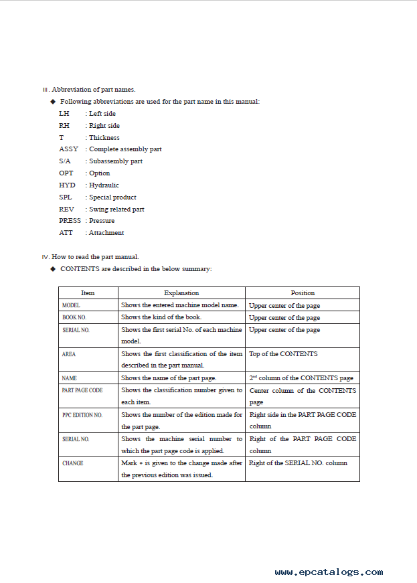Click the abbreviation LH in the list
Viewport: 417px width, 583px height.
tap(64, 114)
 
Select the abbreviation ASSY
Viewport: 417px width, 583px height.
tap(68, 149)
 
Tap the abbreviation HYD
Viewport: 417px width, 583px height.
tap(67, 185)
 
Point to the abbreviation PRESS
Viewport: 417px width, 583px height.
tap(70, 221)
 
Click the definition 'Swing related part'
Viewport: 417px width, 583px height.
tap(116, 210)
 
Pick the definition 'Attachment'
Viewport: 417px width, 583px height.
tap(106, 233)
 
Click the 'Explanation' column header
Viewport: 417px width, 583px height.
tap(181, 293)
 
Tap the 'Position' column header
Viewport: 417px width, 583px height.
tap(303, 293)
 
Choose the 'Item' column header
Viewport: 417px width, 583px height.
tap(88, 293)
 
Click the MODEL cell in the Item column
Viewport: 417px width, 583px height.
tap(71, 305)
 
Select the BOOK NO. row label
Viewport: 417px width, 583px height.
tap(74, 317)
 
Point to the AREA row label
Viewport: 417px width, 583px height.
tap(69, 354)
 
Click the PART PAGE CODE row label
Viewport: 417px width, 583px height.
tap(82, 390)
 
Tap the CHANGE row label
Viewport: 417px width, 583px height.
tap(73, 463)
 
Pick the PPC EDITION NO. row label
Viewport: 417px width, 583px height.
tap(82, 415)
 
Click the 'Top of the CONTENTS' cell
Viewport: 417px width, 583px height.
tap(283, 354)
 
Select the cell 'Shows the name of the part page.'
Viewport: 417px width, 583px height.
tap(169, 378)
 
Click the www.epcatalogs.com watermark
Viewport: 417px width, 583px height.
tap(329, 572)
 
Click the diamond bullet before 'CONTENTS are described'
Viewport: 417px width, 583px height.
tap(53, 269)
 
